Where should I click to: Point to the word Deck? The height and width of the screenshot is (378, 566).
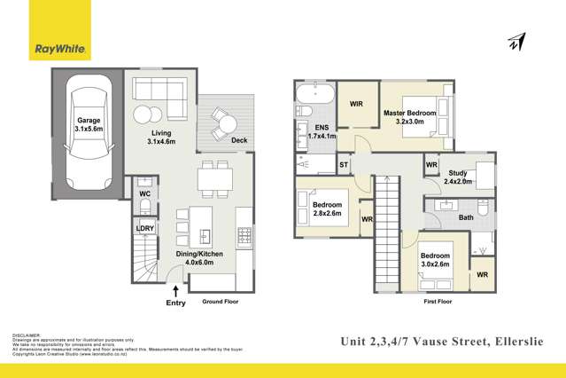238,140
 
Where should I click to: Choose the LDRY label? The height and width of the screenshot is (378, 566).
144,228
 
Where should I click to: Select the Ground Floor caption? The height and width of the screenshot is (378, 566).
221,302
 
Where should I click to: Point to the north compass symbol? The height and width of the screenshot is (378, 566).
515,42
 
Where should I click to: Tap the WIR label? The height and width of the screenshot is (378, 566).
357,104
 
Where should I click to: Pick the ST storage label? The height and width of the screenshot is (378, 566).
344,166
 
